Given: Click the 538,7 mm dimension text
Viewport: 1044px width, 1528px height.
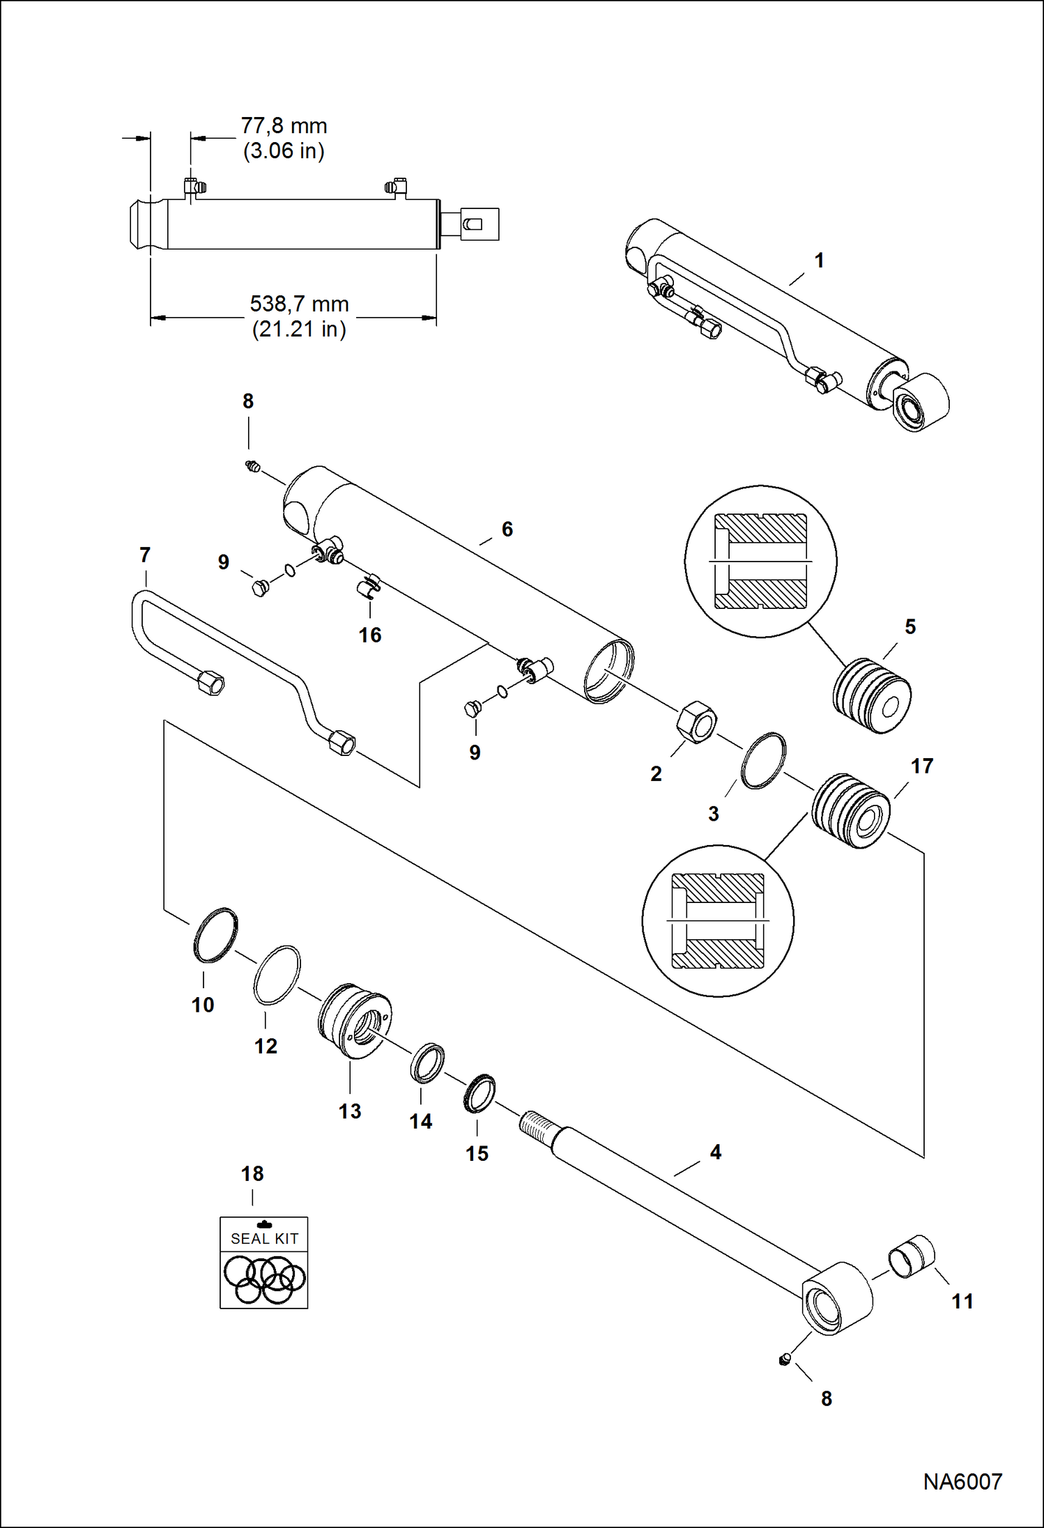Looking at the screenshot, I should [299, 304].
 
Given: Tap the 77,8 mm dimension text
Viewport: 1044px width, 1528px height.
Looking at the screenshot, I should [284, 126].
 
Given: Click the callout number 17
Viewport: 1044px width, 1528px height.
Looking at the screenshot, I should [921, 766].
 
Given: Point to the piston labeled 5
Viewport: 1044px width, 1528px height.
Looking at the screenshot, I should [872, 696].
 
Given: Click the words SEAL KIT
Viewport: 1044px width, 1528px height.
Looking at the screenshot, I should [264, 1239].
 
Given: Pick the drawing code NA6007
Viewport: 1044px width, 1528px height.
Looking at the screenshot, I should [962, 1481].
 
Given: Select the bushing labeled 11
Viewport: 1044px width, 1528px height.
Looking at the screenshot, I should [911, 1256].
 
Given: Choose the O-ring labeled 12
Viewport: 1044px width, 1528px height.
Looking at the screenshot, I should [277, 975].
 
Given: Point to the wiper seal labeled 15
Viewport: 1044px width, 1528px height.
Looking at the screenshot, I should [479, 1093].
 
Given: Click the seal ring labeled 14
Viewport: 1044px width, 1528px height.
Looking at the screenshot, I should [427, 1063].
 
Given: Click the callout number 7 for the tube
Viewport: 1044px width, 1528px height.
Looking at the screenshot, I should [145, 555].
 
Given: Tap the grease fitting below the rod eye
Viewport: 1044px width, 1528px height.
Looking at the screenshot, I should [784, 1359].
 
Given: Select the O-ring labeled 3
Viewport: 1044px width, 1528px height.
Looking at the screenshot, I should [763, 760].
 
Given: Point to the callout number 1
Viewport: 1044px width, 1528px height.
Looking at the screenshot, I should [820, 261].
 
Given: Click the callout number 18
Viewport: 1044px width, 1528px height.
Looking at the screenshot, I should [252, 1174].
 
